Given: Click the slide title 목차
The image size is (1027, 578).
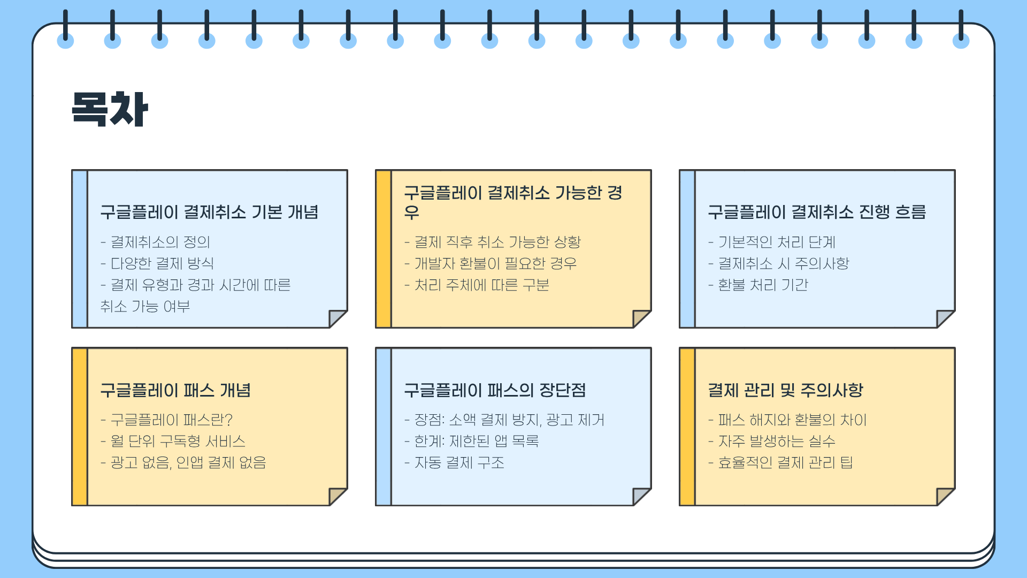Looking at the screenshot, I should coord(110,109).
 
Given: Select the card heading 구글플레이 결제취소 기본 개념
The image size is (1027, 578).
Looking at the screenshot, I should coord(209,212).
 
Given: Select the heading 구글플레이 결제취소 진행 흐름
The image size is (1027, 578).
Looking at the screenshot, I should coord(817,212).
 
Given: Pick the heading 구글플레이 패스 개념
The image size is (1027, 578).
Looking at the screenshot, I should coord(175,390).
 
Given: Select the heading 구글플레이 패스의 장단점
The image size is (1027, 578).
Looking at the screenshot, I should coord(495,390).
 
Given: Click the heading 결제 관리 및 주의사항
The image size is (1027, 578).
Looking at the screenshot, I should coord(785,390).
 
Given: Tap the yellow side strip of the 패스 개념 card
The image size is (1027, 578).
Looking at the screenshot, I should coord(80,427).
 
